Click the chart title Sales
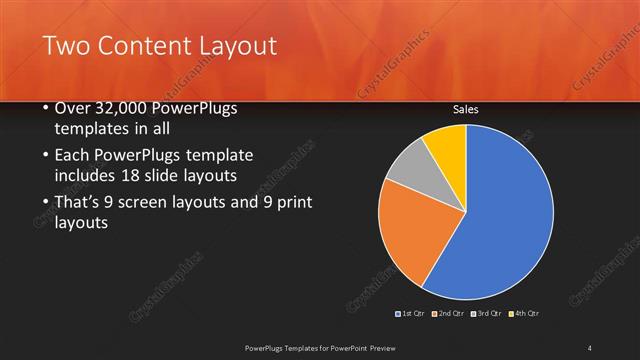coord(466,110)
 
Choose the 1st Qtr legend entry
coord(412,314)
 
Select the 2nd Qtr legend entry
coord(451,314)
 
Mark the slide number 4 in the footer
coord(590,347)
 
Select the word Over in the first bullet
coord(69,108)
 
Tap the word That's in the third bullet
coord(75,203)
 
